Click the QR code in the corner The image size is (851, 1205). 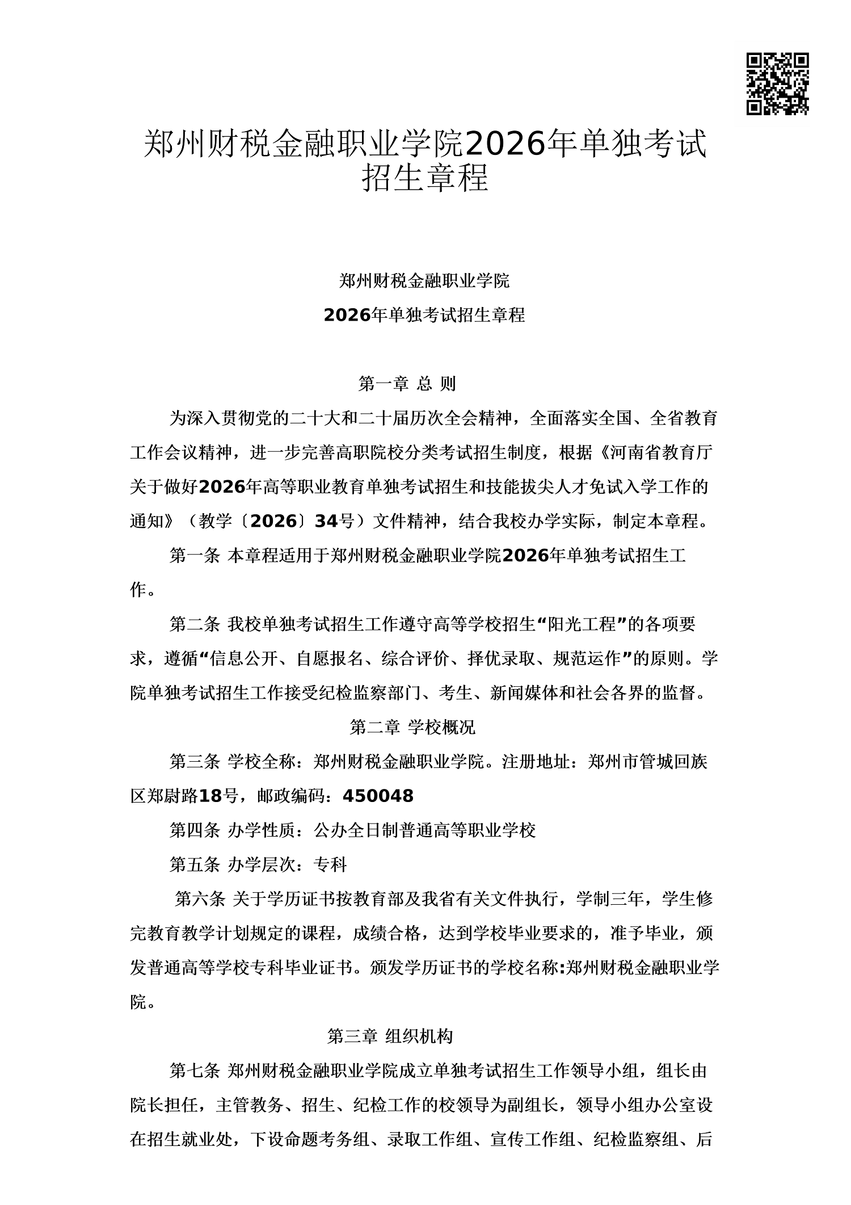pos(777,84)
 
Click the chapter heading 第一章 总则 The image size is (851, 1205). pos(407,384)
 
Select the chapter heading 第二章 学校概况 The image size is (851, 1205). pos(412,727)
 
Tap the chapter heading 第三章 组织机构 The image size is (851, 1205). pos(390,1036)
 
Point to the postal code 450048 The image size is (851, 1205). pos(378,796)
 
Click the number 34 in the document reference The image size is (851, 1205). pos(326,522)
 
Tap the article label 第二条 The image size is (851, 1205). pos(194,624)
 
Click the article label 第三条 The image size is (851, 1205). pos(194,762)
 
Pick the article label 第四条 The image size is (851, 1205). pos(194,830)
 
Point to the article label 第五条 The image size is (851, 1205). pos(194,864)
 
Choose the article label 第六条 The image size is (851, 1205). pos(200,899)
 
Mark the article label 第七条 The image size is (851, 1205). pos(194,1071)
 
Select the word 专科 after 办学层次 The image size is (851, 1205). pos(330,864)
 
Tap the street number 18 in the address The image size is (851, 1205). pos(209,796)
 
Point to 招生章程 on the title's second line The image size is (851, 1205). pos(425,178)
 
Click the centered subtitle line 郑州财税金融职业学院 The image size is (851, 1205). pos(424,280)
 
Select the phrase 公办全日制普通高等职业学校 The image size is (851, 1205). pos(424,830)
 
